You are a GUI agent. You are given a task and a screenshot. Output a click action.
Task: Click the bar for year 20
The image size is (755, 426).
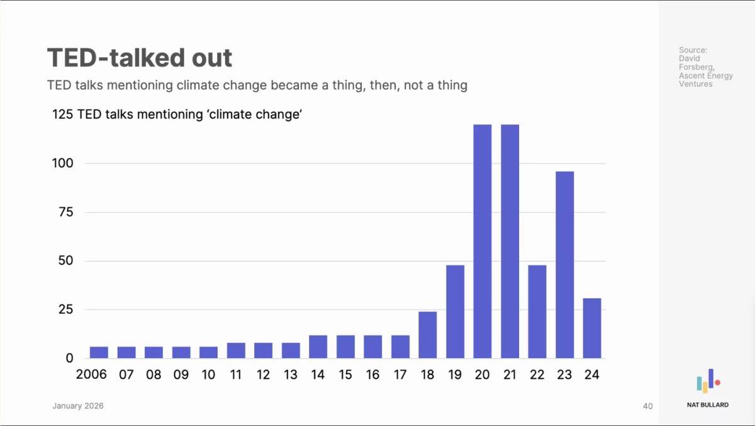point(482,242)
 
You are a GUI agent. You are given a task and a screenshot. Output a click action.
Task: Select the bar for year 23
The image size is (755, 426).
point(564,265)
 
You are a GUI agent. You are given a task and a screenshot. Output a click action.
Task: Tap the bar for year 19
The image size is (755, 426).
point(455,311)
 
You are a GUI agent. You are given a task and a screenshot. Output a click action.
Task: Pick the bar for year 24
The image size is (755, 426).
point(592,328)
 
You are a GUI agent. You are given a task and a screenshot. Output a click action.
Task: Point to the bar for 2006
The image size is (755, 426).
point(99,352)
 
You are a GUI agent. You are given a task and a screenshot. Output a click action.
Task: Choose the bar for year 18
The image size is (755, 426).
point(427,335)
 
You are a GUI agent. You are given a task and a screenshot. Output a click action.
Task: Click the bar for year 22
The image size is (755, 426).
point(537,311)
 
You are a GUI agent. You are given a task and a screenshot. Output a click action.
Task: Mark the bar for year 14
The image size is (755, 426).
point(318,347)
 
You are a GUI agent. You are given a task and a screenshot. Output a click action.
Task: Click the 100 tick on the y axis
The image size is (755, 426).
point(62,164)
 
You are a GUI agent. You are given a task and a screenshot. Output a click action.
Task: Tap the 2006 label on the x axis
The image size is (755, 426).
point(91,375)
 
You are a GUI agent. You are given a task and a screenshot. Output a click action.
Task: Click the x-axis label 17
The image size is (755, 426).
point(400,375)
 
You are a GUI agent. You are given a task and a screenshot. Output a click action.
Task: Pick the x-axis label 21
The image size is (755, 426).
point(510,375)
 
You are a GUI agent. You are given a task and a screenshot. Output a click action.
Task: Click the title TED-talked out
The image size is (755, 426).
point(140,59)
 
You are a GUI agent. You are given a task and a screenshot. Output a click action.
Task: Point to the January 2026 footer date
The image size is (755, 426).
point(77,406)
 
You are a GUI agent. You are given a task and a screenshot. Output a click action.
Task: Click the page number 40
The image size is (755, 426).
point(648,406)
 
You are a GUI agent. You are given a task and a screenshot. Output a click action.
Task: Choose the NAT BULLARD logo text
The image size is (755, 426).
point(707,405)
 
